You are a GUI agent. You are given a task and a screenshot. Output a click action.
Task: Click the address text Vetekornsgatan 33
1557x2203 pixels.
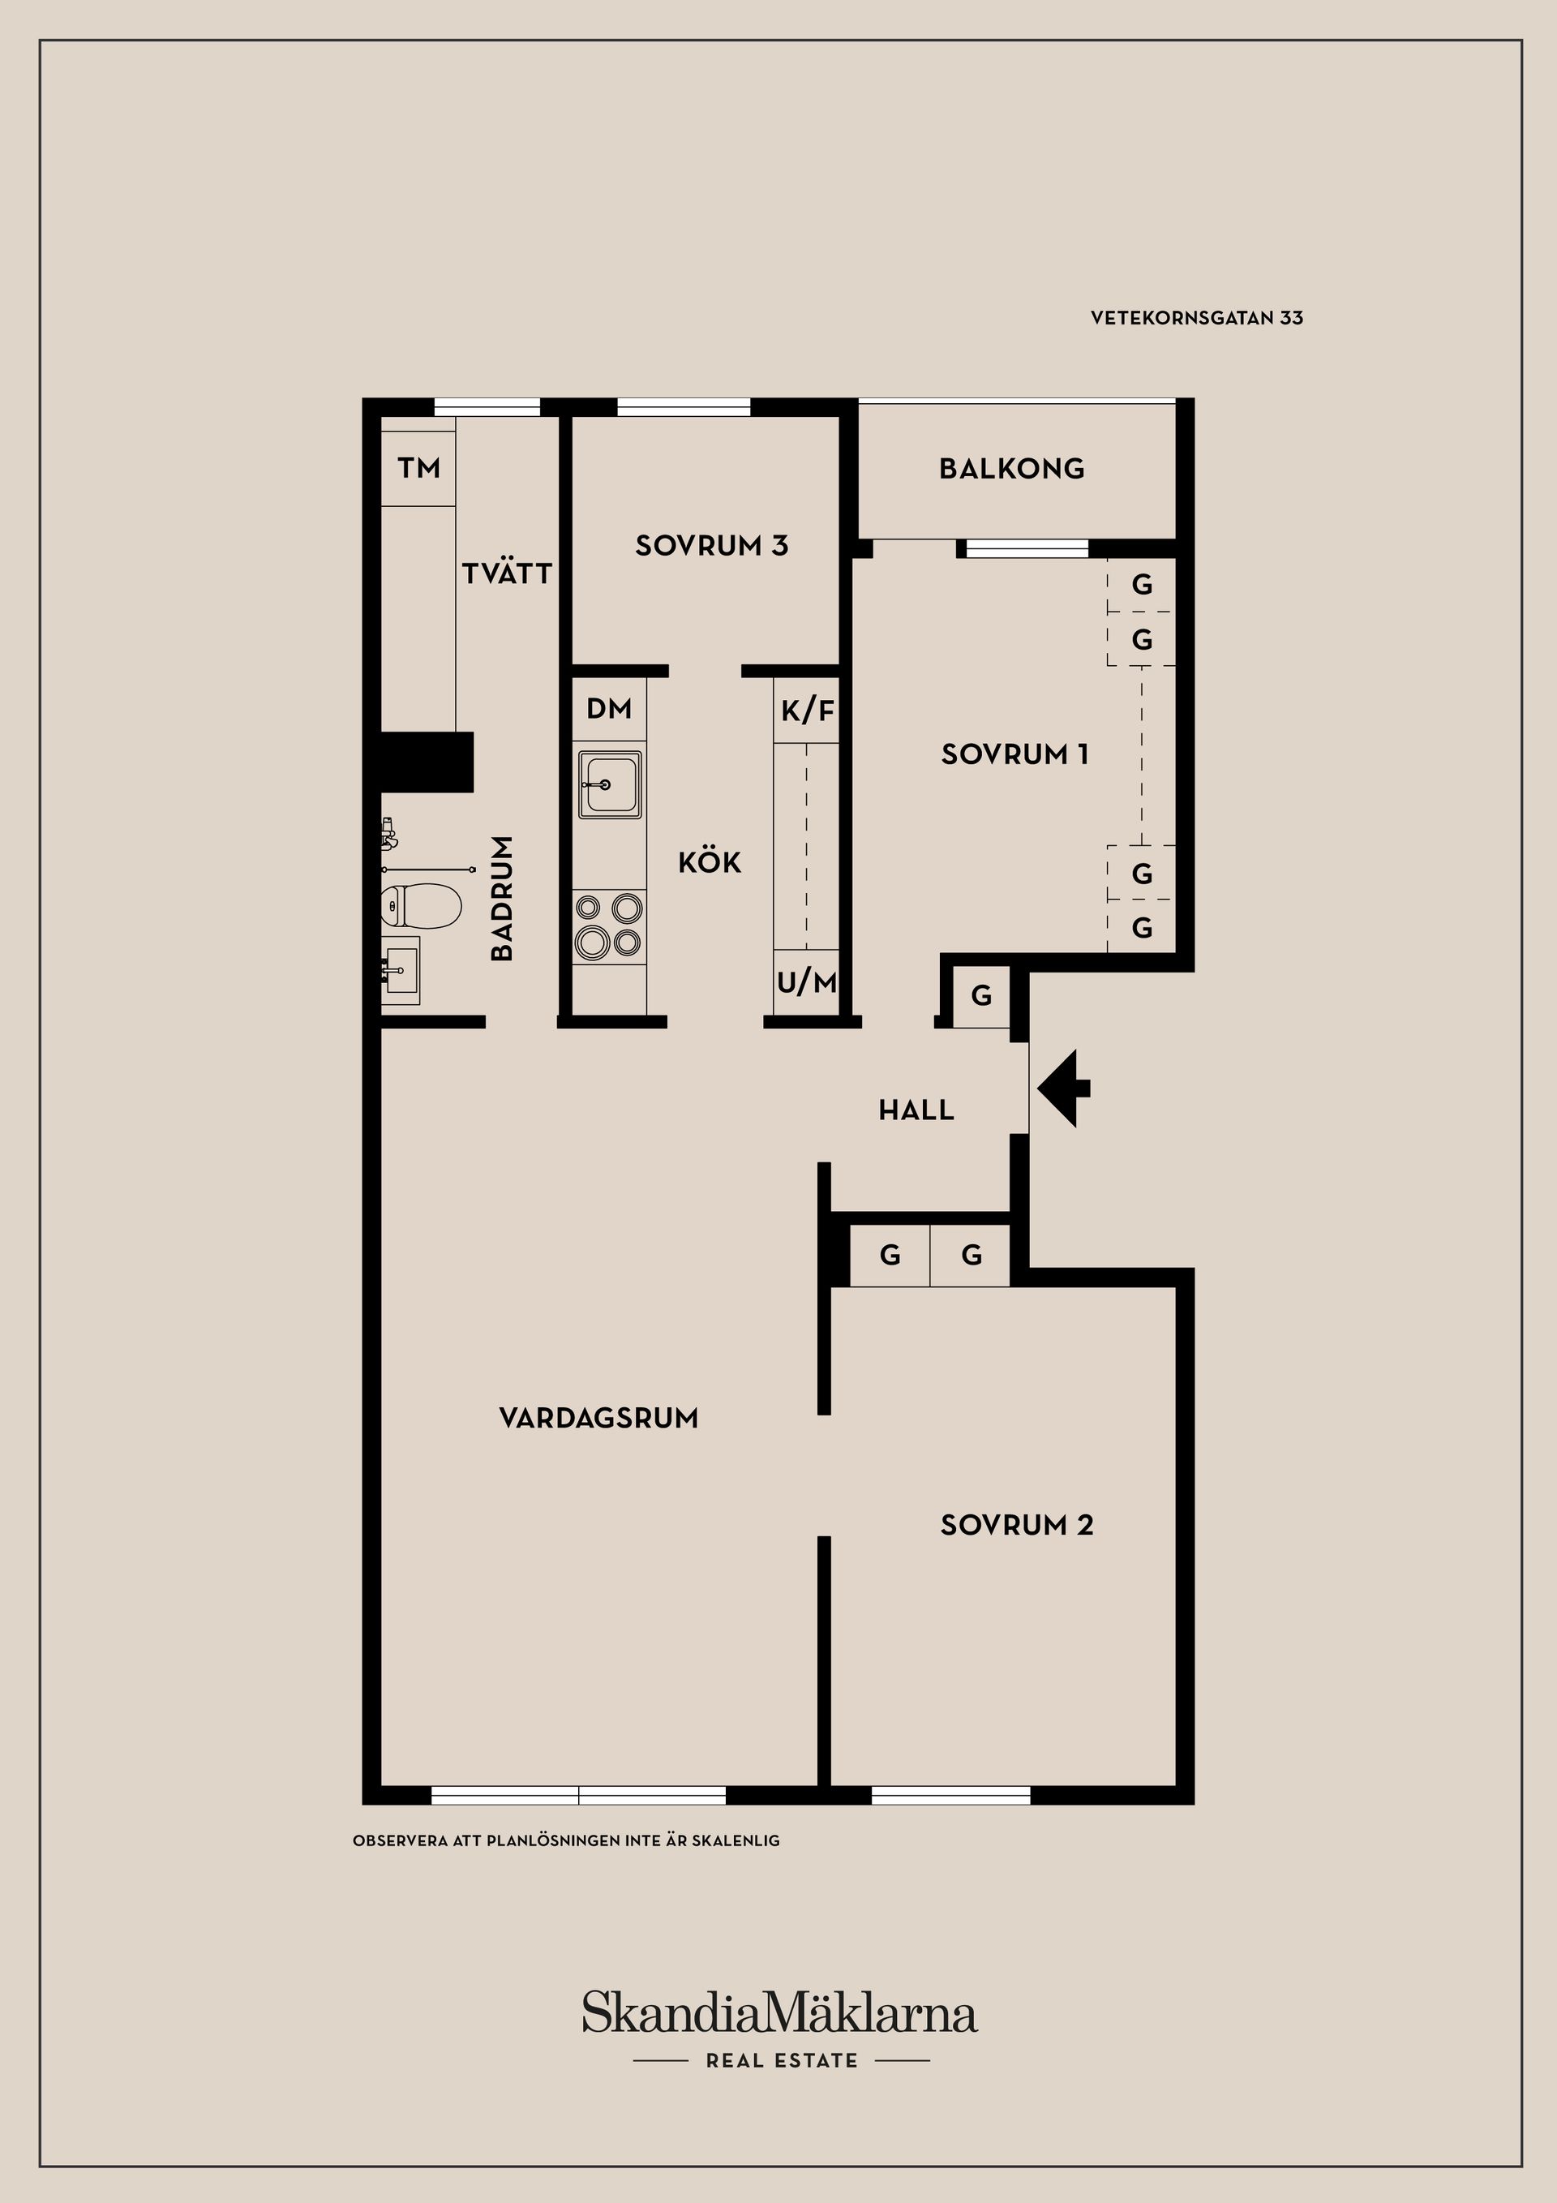coord(1196,318)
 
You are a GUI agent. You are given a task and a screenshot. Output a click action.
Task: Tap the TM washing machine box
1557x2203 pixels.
coord(418,467)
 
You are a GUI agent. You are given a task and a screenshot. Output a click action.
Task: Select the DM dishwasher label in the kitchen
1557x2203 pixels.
coord(609,709)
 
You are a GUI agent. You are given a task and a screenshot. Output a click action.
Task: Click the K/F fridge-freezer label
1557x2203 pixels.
coord(808,711)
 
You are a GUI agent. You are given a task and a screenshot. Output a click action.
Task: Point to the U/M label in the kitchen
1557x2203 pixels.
coord(807,981)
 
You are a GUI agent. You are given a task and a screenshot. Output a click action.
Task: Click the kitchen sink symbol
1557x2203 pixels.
coord(609,785)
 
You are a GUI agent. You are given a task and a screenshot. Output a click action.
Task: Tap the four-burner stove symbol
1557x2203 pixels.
coord(609,924)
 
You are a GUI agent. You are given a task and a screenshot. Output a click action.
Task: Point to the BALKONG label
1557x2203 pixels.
coord(1012,468)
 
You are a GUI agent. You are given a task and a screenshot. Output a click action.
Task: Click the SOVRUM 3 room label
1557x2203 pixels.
coord(712,545)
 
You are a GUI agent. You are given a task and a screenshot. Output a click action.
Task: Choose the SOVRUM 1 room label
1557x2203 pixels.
coord(1015,754)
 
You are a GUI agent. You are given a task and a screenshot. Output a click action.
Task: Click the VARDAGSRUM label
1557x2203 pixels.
coord(598,1418)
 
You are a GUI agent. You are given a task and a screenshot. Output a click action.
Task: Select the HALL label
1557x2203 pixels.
coord(916,1110)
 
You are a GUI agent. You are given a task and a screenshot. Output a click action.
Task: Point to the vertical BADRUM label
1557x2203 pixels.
coord(502,898)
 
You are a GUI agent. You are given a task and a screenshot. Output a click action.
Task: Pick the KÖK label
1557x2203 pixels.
coord(710,861)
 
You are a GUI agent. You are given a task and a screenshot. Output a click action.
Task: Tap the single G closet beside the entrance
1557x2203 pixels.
coord(981,996)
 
